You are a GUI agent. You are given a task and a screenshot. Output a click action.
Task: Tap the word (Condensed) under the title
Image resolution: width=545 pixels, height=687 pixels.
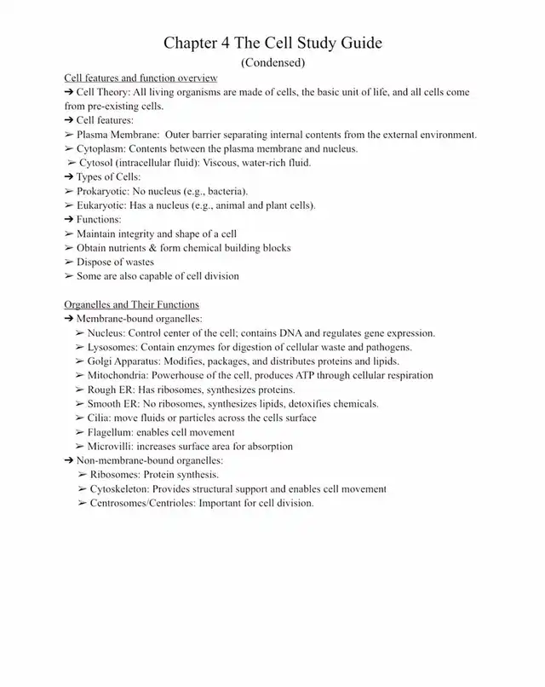[x=272, y=62]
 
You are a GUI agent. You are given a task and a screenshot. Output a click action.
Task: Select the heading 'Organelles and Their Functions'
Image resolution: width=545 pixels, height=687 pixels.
[x=131, y=304]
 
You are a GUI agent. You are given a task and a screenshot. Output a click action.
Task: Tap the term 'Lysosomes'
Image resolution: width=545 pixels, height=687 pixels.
[x=112, y=347]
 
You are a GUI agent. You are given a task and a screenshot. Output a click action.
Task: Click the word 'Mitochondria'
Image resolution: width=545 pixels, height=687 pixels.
[x=118, y=375]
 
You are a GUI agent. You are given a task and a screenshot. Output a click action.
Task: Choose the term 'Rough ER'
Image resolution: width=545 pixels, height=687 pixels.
[x=108, y=390]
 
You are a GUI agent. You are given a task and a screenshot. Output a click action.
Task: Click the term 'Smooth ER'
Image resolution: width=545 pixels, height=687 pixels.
[x=112, y=403]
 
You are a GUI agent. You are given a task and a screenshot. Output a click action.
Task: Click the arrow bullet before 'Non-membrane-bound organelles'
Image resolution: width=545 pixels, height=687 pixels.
[x=69, y=460]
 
